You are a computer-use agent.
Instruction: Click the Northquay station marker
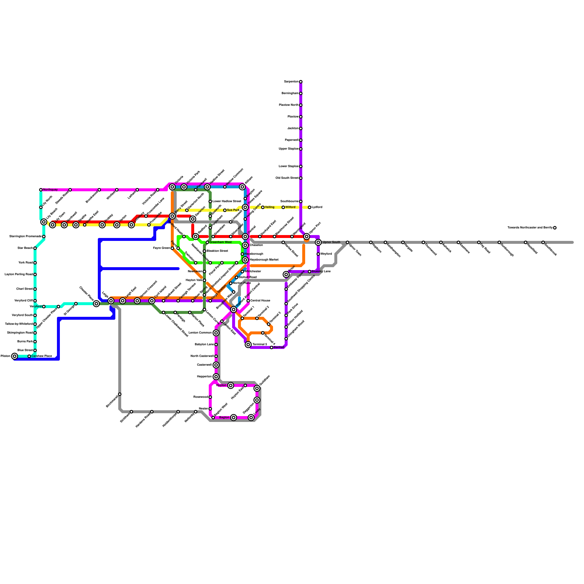coord(41,190)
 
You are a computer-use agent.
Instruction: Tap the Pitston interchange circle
coord(15,356)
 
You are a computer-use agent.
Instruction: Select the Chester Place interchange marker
coord(96,304)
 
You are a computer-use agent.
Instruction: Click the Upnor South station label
coord(331,242)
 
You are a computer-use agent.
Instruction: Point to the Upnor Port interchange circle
coord(307,237)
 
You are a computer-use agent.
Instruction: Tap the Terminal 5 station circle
coord(248,345)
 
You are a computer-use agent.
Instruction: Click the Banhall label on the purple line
coord(279,347)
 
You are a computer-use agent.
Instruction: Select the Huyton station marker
coord(231,385)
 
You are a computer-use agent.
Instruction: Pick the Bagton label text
coord(224,418)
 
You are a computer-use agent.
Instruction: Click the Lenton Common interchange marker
coord(216,333)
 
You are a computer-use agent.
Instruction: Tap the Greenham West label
coord(220,242)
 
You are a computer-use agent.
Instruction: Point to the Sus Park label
coord(233,210)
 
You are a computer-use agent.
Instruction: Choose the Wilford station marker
coord(283,207)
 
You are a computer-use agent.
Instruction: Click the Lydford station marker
coord(310,207)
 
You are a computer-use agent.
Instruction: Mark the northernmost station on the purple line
coord(301,82)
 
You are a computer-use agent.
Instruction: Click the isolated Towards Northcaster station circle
coord(555,228)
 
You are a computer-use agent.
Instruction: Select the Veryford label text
coord(35,307)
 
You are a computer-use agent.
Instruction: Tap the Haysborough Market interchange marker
coord(245,260)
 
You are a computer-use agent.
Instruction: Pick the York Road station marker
coord(35,263)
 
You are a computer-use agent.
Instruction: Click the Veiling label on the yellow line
coord(270,207)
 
